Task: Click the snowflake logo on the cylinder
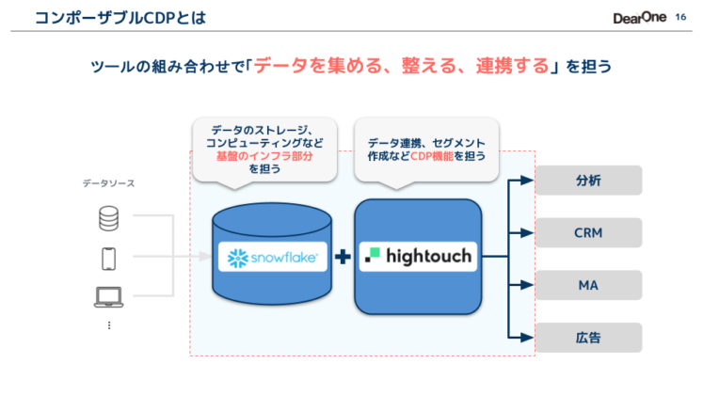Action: (272, 256)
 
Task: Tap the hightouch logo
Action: (418, 256)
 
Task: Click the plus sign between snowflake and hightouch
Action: (343, 256)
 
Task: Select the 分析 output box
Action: (588, 181)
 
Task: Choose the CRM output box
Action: (588, 232)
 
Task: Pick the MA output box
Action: (588, 285)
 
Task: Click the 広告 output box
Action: (588, 337)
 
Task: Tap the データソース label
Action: (108, 184)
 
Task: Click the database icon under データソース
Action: (109, 219)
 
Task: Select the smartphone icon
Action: (109, 258)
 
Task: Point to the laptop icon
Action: (109, 297)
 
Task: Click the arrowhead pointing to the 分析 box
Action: (528, 181)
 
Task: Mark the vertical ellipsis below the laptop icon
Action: (109, 324)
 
